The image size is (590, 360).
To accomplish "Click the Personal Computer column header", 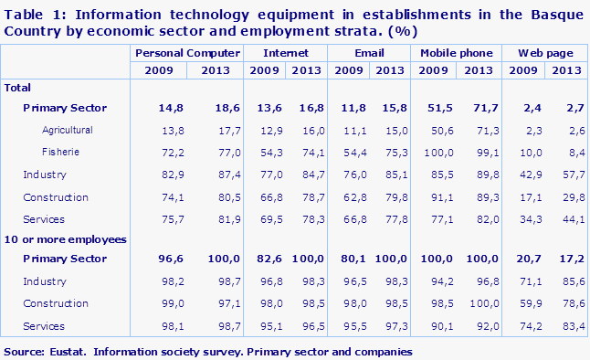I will (x=187, y=55).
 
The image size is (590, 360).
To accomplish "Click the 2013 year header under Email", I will (x=391, y=70).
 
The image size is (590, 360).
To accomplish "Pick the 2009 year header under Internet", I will (x=265, y=70).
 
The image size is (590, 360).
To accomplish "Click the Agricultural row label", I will (x=67, y=131).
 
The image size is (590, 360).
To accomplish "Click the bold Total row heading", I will (x=18, y=88).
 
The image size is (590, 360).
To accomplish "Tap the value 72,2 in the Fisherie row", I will (x=160, y=152).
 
